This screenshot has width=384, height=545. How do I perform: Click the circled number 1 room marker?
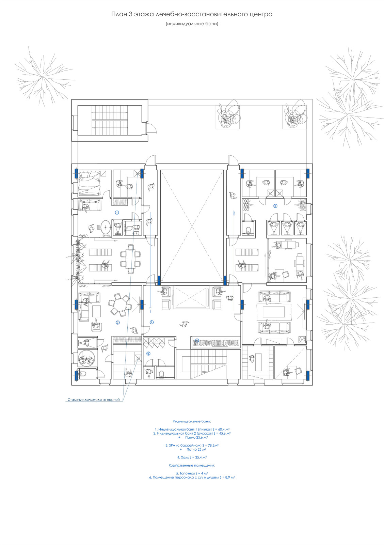117,213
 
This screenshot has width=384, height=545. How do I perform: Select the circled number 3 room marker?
275,206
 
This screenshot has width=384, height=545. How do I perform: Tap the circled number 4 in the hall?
152,322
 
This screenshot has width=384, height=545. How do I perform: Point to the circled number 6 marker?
148,354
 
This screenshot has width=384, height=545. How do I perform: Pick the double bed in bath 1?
89,183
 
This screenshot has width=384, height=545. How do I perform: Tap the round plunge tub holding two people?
86,359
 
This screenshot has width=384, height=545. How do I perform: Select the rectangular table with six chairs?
131,259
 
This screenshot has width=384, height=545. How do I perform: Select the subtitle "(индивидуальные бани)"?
192,24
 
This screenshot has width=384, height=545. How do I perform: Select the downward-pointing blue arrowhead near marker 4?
150,310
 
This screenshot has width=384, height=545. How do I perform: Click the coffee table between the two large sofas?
274,312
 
